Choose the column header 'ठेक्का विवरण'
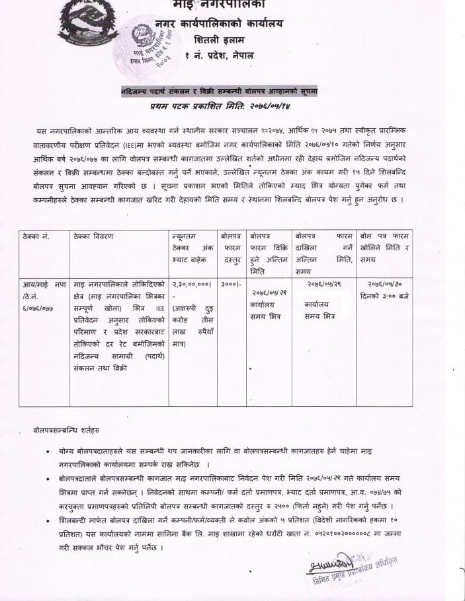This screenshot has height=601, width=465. (x=93, y=236)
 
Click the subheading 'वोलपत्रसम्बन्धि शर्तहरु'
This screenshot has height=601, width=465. (x=66, y=430)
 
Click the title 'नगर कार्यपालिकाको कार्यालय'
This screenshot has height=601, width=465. (x=218, y=24)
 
